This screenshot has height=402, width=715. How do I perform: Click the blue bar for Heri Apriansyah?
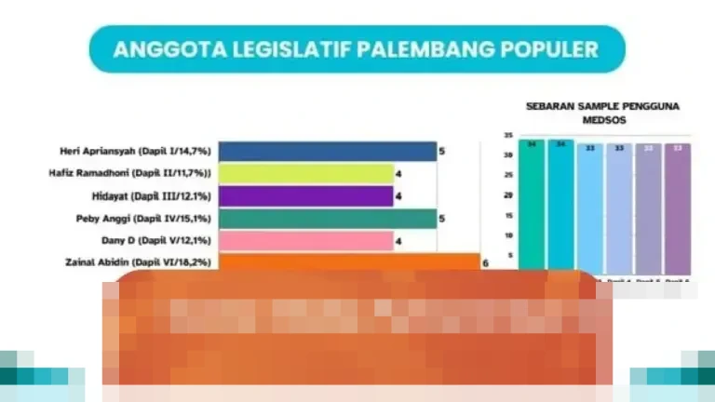327,152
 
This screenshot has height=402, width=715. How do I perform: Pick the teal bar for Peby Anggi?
327,219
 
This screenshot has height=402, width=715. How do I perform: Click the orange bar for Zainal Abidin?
348,262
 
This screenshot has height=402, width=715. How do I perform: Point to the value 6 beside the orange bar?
484,263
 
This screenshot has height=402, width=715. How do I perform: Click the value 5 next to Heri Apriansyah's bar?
442,151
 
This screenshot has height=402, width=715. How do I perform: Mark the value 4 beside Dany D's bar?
398,241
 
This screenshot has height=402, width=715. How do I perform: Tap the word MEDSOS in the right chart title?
601,120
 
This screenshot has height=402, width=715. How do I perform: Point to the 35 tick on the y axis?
507,136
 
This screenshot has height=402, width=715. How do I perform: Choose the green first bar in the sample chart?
532,205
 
